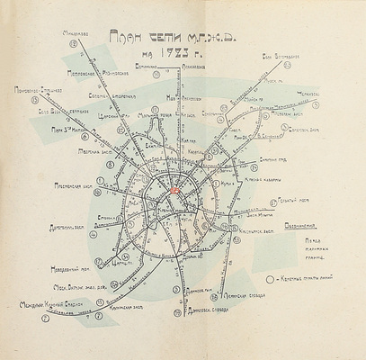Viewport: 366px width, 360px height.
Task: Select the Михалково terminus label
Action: pyautogui.click(x=68, y=35)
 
